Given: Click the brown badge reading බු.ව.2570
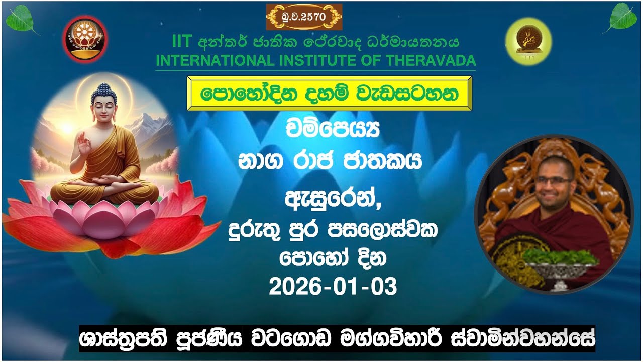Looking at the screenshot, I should click(304, 17).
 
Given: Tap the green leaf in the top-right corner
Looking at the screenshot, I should click(622, 18).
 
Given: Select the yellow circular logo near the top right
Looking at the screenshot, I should click(528, 41).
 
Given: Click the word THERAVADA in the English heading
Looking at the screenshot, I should click(431, 61).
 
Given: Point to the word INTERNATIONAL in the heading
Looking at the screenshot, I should click(215, 61).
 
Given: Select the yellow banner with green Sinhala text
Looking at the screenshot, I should click(330, 94).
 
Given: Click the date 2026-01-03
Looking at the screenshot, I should click(333, 287).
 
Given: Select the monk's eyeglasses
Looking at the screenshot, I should click(553, 180).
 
